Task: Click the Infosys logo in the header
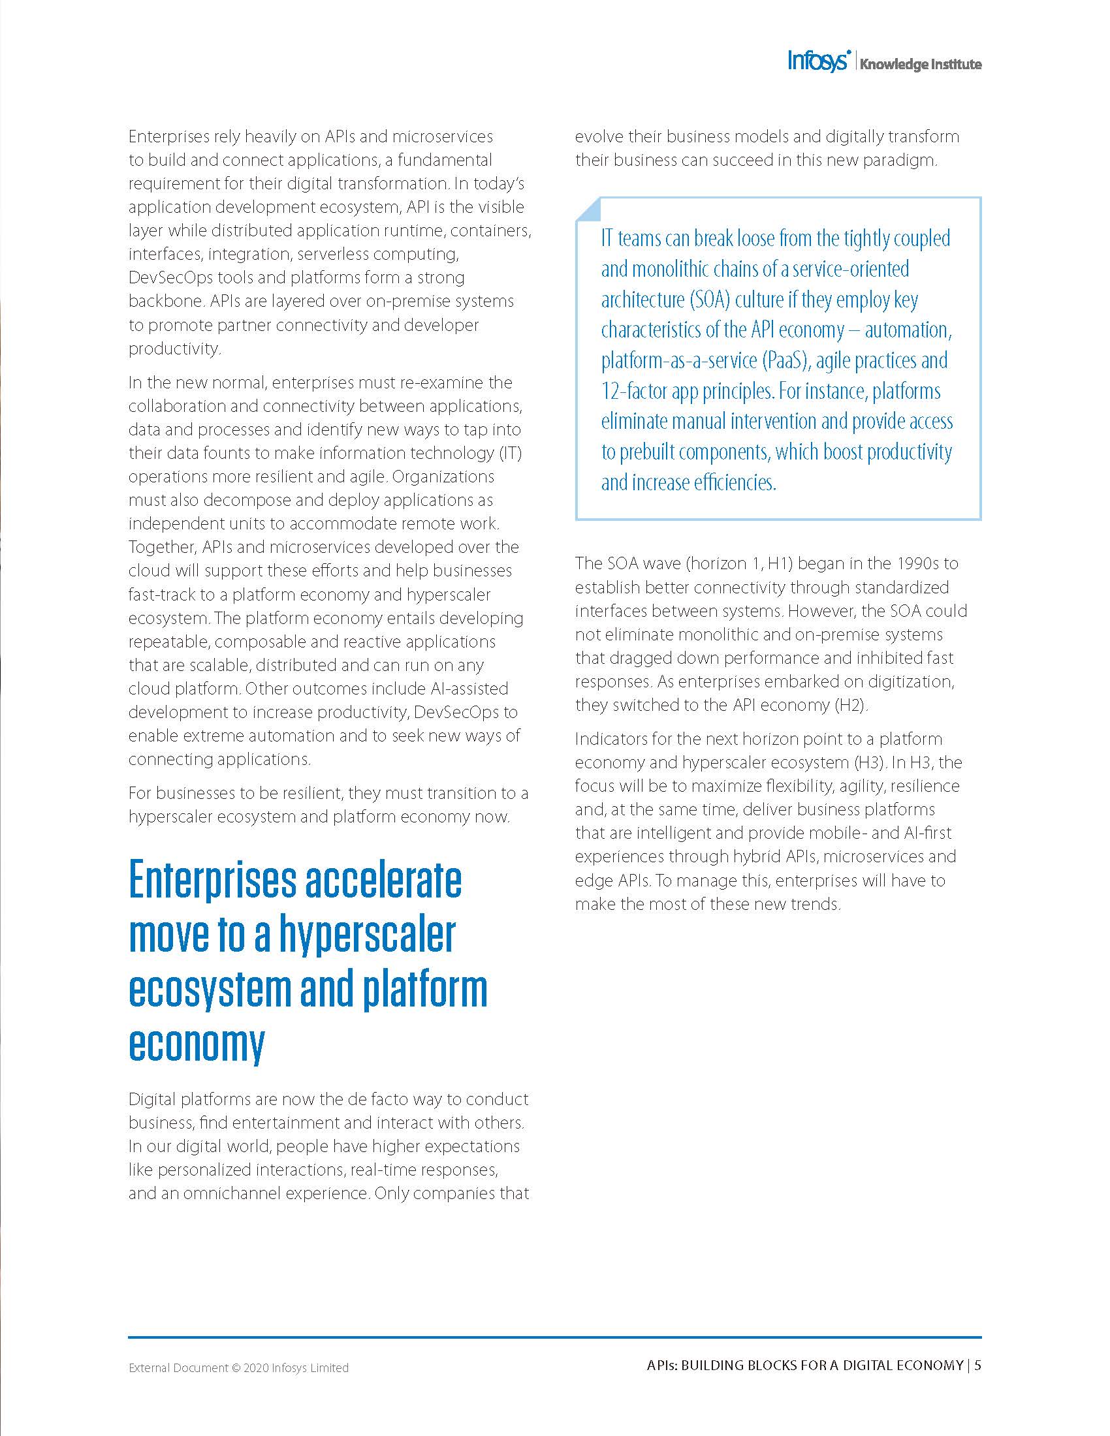pos(819,62)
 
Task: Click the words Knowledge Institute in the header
pos(921,65)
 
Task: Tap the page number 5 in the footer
pos(978,1365)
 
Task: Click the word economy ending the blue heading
pos(197,1044)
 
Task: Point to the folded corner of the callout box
pos(588,208)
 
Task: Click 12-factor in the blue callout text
pos(634,391)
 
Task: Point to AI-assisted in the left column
pos(469,689)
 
